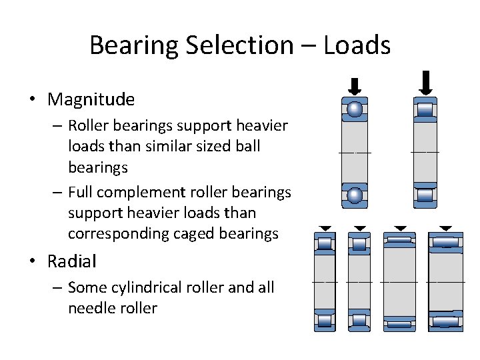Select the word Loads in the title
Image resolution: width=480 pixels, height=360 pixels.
coord(357,45)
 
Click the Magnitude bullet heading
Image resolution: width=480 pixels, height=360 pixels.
coord(91,100)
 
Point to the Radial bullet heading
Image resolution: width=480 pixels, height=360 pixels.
coord(71,261)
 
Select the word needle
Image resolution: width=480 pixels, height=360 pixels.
coord(89,308)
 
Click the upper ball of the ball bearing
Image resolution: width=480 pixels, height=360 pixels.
coord(355,109)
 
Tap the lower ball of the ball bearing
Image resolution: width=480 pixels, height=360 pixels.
coord(355,195)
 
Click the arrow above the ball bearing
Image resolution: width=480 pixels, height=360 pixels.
coord(355,86)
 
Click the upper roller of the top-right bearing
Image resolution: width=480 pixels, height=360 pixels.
coord(425,109)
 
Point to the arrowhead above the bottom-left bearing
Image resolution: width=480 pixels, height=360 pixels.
coord(325,227)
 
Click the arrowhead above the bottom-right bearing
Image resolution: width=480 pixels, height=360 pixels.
coord(445,227)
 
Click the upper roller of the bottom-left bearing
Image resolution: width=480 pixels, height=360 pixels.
coord(325,244)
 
